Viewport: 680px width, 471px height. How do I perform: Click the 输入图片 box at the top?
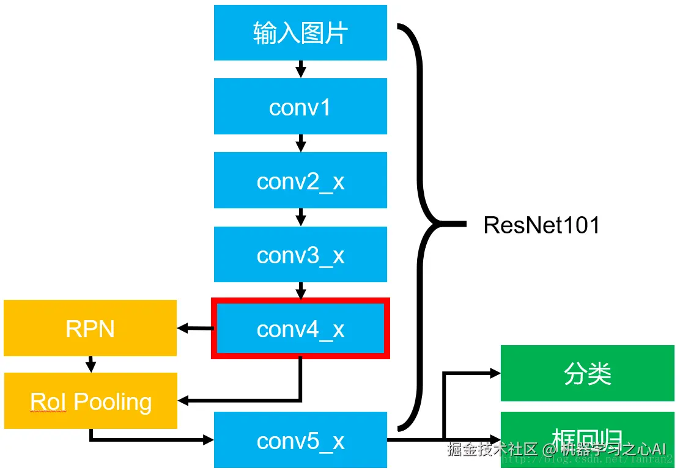pos(300,33)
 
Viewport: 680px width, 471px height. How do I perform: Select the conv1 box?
pos(300,106)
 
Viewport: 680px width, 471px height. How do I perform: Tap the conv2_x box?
pos(300,180)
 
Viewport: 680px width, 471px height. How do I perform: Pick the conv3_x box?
pos(300,254)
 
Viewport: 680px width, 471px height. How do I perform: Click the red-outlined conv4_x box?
pos(300,328)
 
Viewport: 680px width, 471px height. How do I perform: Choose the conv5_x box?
pos(300,440)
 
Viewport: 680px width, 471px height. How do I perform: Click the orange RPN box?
pos(90,328)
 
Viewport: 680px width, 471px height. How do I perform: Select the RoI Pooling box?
pos(91,401)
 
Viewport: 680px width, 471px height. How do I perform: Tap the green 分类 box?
pos(588,373)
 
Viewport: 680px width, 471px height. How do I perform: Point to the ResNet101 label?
pos(541,225)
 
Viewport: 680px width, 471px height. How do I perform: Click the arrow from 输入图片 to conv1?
pos(300,69)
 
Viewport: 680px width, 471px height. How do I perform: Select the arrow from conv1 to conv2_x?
pos(300,143)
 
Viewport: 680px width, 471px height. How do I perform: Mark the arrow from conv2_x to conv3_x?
pos(300,217)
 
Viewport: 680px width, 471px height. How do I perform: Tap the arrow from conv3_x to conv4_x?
pos(300,290)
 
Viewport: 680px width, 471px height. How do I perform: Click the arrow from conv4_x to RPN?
pos(194,329)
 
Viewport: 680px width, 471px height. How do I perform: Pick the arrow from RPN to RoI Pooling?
pos(91,365)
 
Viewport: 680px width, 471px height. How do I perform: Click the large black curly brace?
pos(422,225)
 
